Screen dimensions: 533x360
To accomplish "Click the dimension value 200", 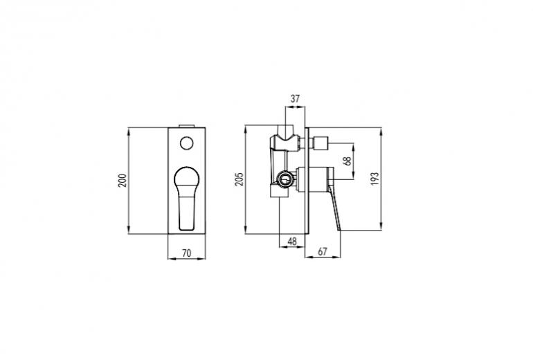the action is coord(123,181).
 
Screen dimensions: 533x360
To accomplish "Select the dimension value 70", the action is coord(187,253).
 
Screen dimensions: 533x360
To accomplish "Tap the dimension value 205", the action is coord(240,179).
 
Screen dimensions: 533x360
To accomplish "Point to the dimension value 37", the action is coord(295,98).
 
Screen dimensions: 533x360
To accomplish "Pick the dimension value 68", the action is coord(347,161).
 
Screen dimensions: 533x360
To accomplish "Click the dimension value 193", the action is coord(374,179).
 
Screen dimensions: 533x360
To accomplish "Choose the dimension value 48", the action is coord(292,242).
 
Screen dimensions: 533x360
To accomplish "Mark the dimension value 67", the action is coord(323,251).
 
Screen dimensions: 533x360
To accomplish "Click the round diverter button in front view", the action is coord(186,143).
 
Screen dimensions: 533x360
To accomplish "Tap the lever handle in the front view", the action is coord(186,198).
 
